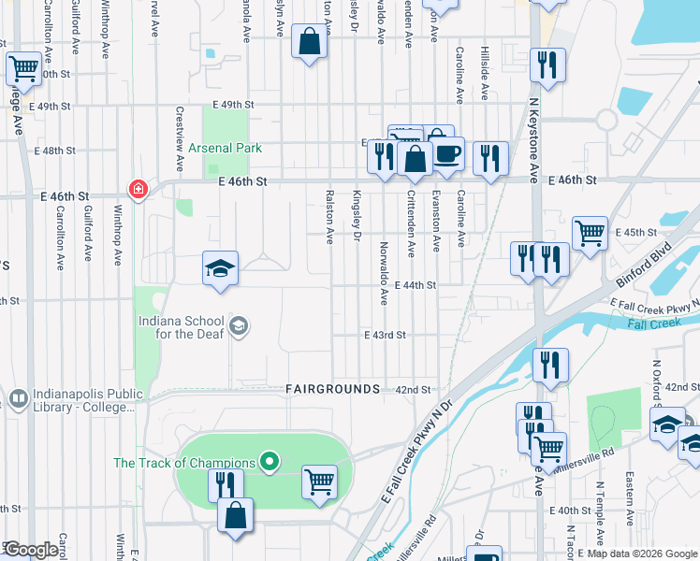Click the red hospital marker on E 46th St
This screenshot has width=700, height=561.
139,190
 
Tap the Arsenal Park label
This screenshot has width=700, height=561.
224,148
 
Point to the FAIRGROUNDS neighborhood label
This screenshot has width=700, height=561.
332,388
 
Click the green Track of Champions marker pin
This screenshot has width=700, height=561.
270,462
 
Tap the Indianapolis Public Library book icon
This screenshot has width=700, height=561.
18,399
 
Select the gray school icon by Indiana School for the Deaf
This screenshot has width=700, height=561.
240,325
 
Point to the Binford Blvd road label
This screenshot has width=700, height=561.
645,266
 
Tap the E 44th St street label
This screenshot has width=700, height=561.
416,284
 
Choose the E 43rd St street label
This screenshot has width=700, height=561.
385,335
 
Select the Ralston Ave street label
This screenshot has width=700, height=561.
328,218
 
